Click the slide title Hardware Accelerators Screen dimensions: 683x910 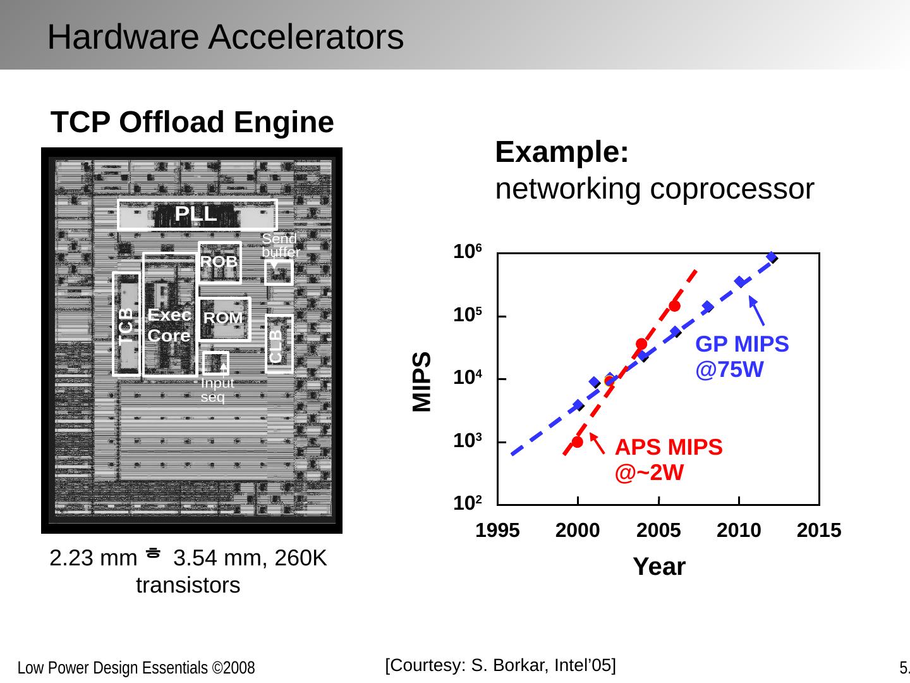click(225, 37)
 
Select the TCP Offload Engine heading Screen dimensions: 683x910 click(192, 122)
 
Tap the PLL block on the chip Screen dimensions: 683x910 click(197, 214)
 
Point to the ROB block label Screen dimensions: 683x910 click(219, 261)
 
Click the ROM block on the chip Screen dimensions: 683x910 click(224, 318)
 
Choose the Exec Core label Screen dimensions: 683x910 click(169, 325)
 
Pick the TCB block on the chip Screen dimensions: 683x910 click(127, 324)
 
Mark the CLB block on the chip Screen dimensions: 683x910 click(279, 344)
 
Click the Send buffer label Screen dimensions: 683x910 click(280, 245)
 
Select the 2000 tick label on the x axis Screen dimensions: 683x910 click(578, 531)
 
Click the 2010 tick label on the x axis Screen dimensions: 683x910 click(739, 531)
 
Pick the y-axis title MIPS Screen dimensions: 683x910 click(422, 381)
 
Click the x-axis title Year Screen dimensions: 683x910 click(659, 567)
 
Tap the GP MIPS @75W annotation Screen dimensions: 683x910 click(742, 356)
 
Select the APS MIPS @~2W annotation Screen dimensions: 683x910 click(668, 459)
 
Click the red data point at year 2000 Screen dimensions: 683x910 click(577, 442)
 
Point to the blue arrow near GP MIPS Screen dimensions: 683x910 click(757, 311)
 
